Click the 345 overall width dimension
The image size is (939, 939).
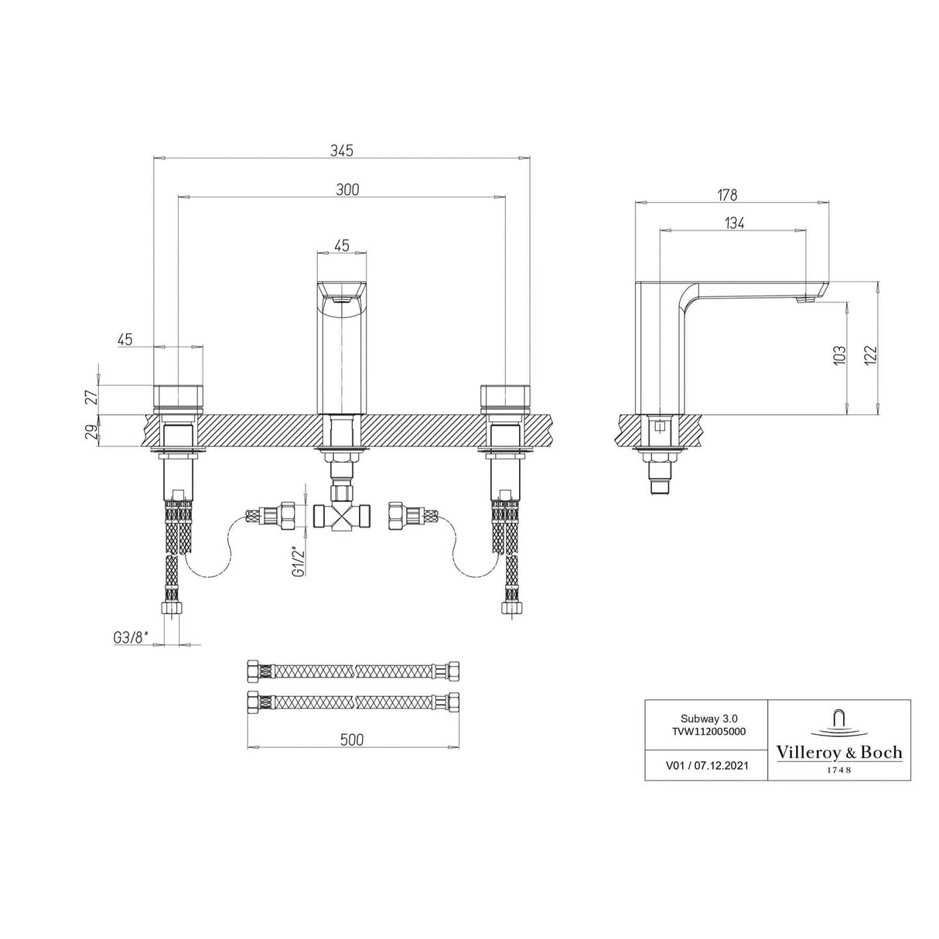point(342,151)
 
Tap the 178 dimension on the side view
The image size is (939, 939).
point(726,195)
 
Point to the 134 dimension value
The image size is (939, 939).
point(734,223)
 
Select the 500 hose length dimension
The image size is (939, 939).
point(351,739)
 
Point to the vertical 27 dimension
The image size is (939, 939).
point(92,398)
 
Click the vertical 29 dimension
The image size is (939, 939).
point(92,430)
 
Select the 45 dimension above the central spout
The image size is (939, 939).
point(341,245)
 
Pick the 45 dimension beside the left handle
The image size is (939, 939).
point(125,339)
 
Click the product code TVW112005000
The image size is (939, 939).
point(706,729)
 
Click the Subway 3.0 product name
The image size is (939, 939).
point(706,717)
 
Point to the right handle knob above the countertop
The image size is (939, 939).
point(505,394)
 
